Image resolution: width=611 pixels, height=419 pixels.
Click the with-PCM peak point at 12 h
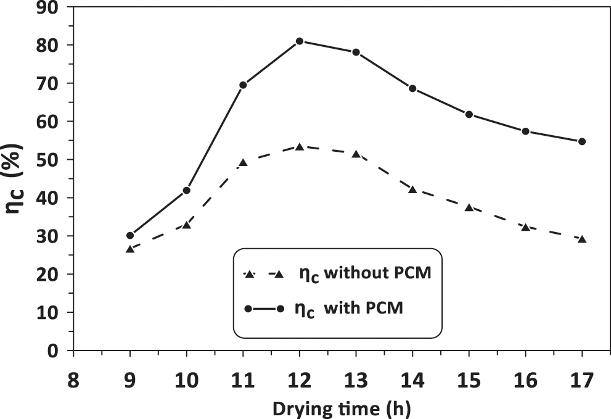(x=300, y=41)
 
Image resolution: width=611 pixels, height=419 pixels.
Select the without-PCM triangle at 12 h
(x=300, y=147)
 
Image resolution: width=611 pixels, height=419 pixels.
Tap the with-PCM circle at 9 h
(x=130, y=235)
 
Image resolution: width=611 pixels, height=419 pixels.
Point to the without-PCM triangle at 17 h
(x=582, y=239)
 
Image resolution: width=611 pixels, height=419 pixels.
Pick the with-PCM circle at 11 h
(x=243, y=85)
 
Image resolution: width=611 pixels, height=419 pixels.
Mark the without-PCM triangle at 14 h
(x=412, y=189)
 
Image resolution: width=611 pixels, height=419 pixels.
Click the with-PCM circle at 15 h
(x=469, y=114)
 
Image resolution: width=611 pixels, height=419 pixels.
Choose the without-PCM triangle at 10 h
(x=187, y=225)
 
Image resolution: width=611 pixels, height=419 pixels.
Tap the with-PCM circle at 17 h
(x=582, y=141)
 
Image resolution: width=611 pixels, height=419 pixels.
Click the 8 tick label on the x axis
(x=73, y=380)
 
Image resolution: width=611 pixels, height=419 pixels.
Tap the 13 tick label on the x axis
(x=356, y=380)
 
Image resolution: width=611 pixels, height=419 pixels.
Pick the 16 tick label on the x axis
(x=525, y=380)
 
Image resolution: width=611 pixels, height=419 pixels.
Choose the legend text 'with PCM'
(x=364, y=309)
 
